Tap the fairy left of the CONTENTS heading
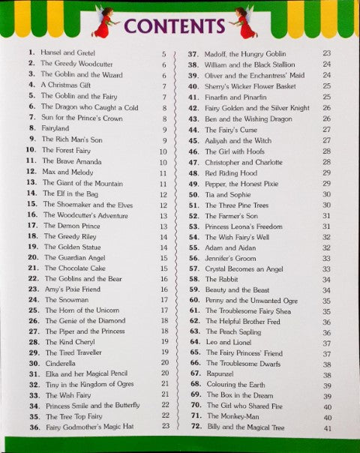point(103,23)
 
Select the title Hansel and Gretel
point(65,54)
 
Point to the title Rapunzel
point(221,373)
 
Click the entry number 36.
point(34,427)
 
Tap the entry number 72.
point(193,427)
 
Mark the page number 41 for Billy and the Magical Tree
point(327,428)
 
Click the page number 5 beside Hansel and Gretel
point(163,54)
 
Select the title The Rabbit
point(222,278)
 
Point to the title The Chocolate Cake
point(75,267)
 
